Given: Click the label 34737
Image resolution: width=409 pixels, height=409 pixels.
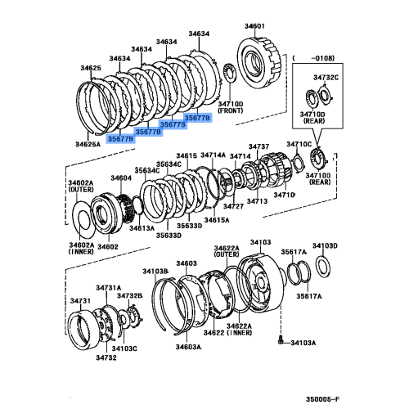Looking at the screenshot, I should pos(260,146).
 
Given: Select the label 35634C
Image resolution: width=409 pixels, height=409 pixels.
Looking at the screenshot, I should pos(148,171).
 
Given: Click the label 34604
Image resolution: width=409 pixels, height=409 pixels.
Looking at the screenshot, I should pos(121,178).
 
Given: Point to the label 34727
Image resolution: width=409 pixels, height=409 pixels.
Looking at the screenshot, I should pos(235,207).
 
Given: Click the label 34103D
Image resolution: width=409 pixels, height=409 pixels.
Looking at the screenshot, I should pos(325,245).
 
